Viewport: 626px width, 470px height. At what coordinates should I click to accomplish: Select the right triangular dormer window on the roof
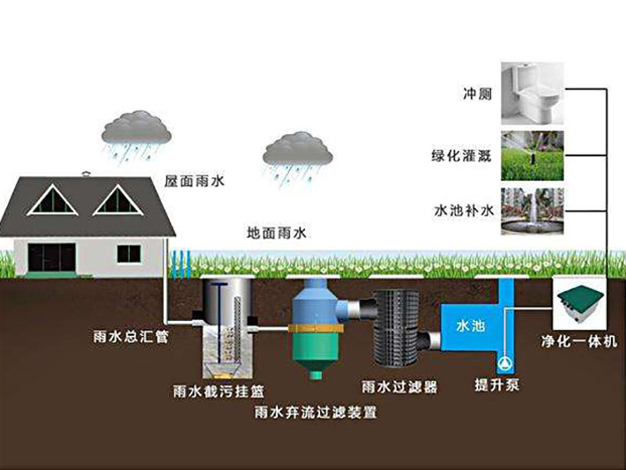(117, 201)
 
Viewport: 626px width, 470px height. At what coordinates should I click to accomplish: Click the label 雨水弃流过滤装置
(315, 410)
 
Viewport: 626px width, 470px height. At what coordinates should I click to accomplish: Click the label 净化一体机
(581, 342)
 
